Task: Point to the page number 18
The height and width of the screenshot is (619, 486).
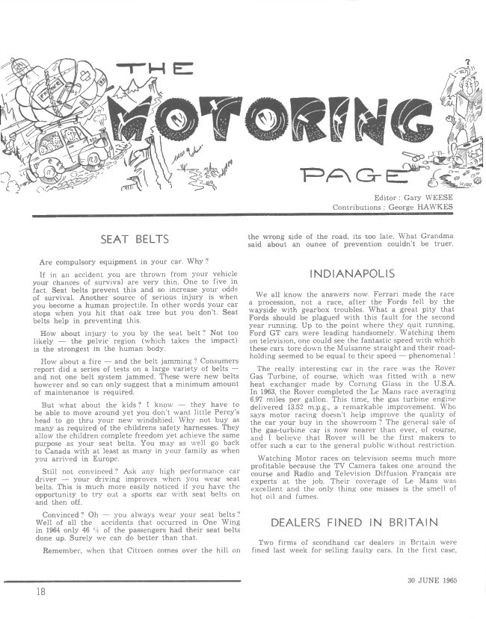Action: [39, 591]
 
